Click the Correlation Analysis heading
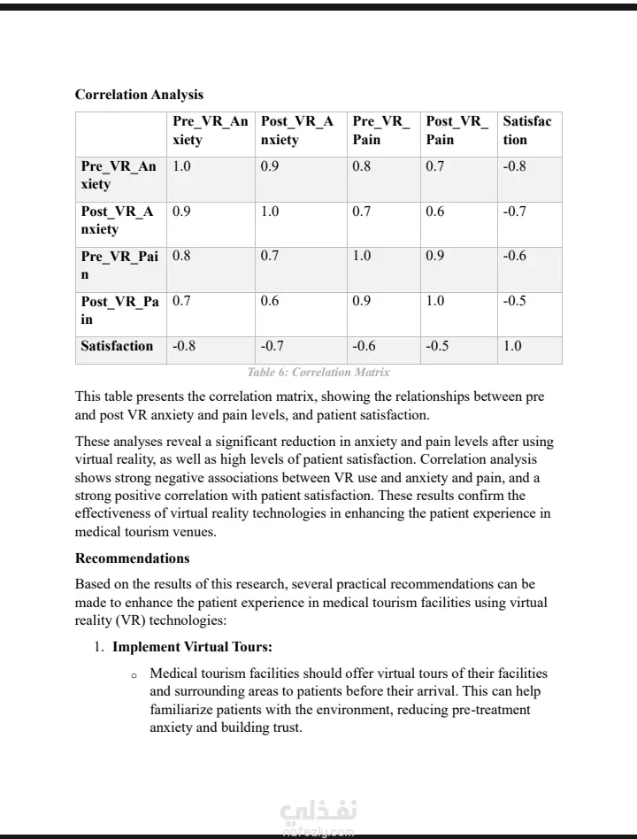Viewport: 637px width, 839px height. point(139,95)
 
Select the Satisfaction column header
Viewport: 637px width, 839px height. point(527,130)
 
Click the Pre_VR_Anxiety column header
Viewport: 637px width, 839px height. point(210,130)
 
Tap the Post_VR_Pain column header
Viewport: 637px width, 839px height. point(456,130)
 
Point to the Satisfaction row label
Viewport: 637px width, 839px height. point(117,346)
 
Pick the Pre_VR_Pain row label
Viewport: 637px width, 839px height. point(119,266)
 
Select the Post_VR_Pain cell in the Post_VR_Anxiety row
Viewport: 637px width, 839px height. point(435,212)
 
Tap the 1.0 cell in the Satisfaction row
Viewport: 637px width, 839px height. point(512,346)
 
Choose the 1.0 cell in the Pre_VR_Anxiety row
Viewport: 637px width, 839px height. point(181,166)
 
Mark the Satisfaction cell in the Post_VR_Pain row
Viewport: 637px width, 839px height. point(515,301)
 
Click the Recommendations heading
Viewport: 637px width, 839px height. point(132,558)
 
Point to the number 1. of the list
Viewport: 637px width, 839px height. point(100,647)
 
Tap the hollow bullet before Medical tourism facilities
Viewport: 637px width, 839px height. point(134,675)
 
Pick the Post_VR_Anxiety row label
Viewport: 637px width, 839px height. point(117,220)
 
